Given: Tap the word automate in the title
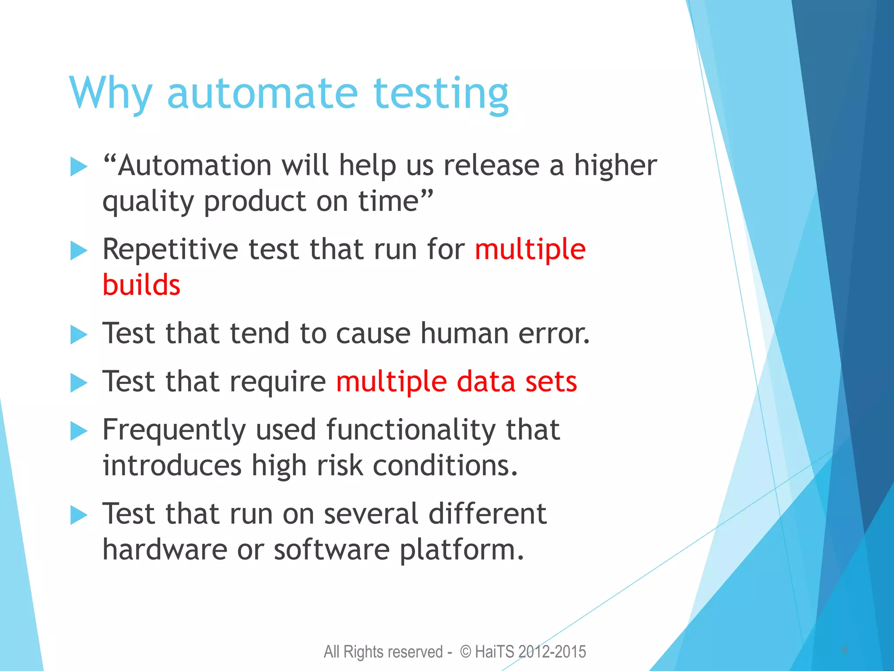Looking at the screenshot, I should [262, 94].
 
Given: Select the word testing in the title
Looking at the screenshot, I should [441, 94].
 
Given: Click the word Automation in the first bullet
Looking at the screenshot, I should [195, 166].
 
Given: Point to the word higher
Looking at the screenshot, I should [615, 166].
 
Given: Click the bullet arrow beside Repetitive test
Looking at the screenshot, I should [79, 251].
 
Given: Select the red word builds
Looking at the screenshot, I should [141, 285].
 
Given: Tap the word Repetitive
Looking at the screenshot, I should [170, 250].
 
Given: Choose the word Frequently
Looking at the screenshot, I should [174, 430].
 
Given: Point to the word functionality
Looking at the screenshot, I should [410, 430].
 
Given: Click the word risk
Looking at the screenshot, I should [340, 466].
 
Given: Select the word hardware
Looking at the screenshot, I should [165, 550].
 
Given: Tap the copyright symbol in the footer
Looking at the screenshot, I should [466, 652].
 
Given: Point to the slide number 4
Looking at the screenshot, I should [844, 650].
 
